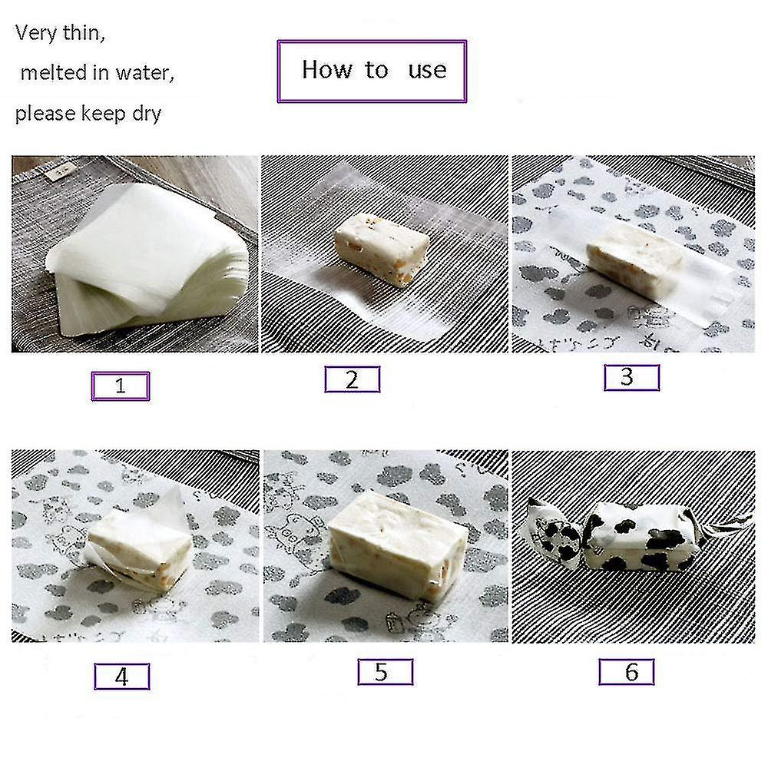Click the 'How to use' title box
point(372,71)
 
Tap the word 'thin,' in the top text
point(82,34)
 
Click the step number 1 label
point(120,386)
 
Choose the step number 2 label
point(352,379)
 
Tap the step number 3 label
point(631,377)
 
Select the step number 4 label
point(121,676)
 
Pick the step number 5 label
point(385,672)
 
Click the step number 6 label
point(627,672)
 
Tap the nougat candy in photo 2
point(381,247)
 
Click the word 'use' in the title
point(427,71)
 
